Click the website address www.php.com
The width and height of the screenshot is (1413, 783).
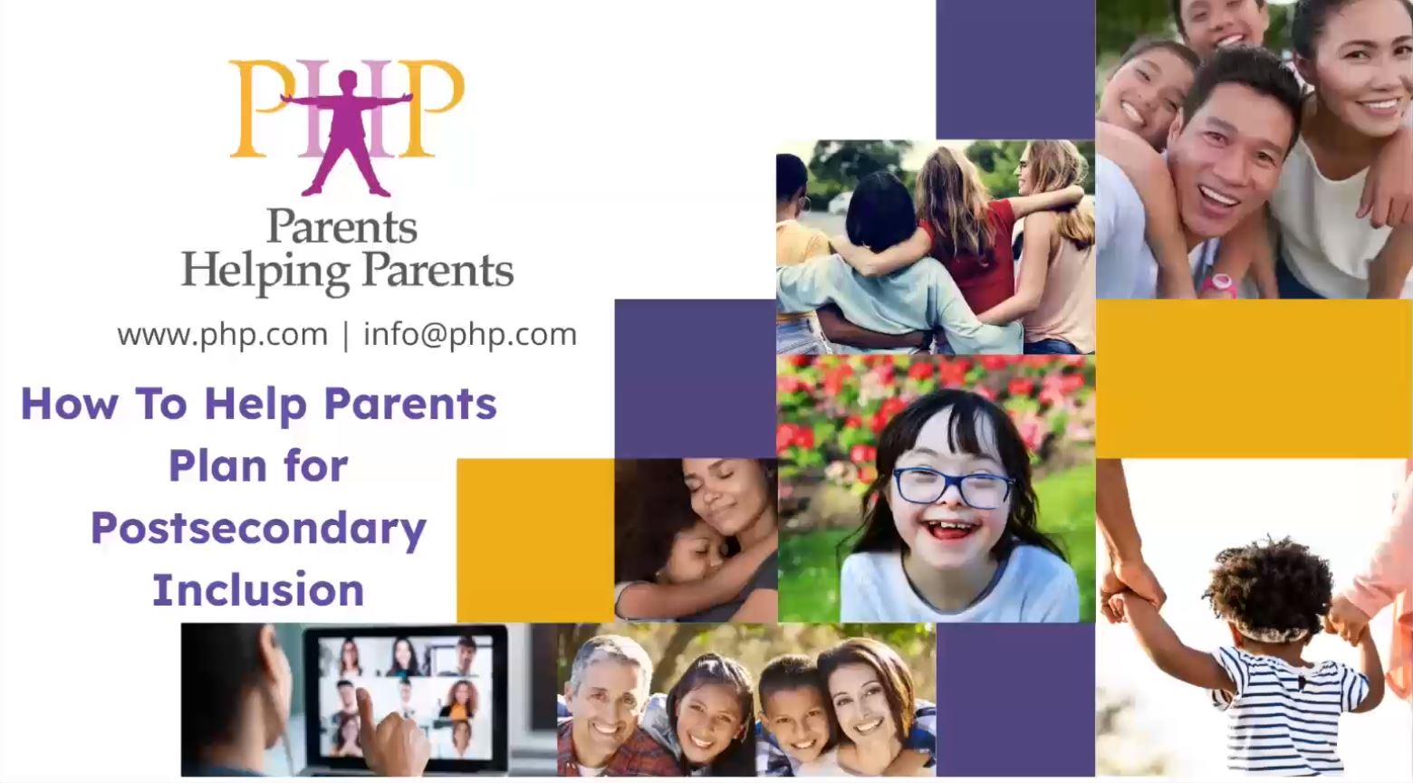pyautogui.click(x=222, y=335)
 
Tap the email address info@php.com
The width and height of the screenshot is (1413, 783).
pyautogui.click(x=470, y=335)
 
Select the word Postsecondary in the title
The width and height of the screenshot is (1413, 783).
pyautogui.click(x=258, y=529)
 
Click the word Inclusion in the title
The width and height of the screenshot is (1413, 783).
pyautogui.click(x=258, y=590)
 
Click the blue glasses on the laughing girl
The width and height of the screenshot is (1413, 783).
pyautogui.click(x=952, y=488)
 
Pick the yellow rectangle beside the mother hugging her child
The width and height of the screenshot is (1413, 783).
pyautogui.click(x=534, y=540)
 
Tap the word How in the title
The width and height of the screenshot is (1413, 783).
pyautogui.click(x=68, y=405)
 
